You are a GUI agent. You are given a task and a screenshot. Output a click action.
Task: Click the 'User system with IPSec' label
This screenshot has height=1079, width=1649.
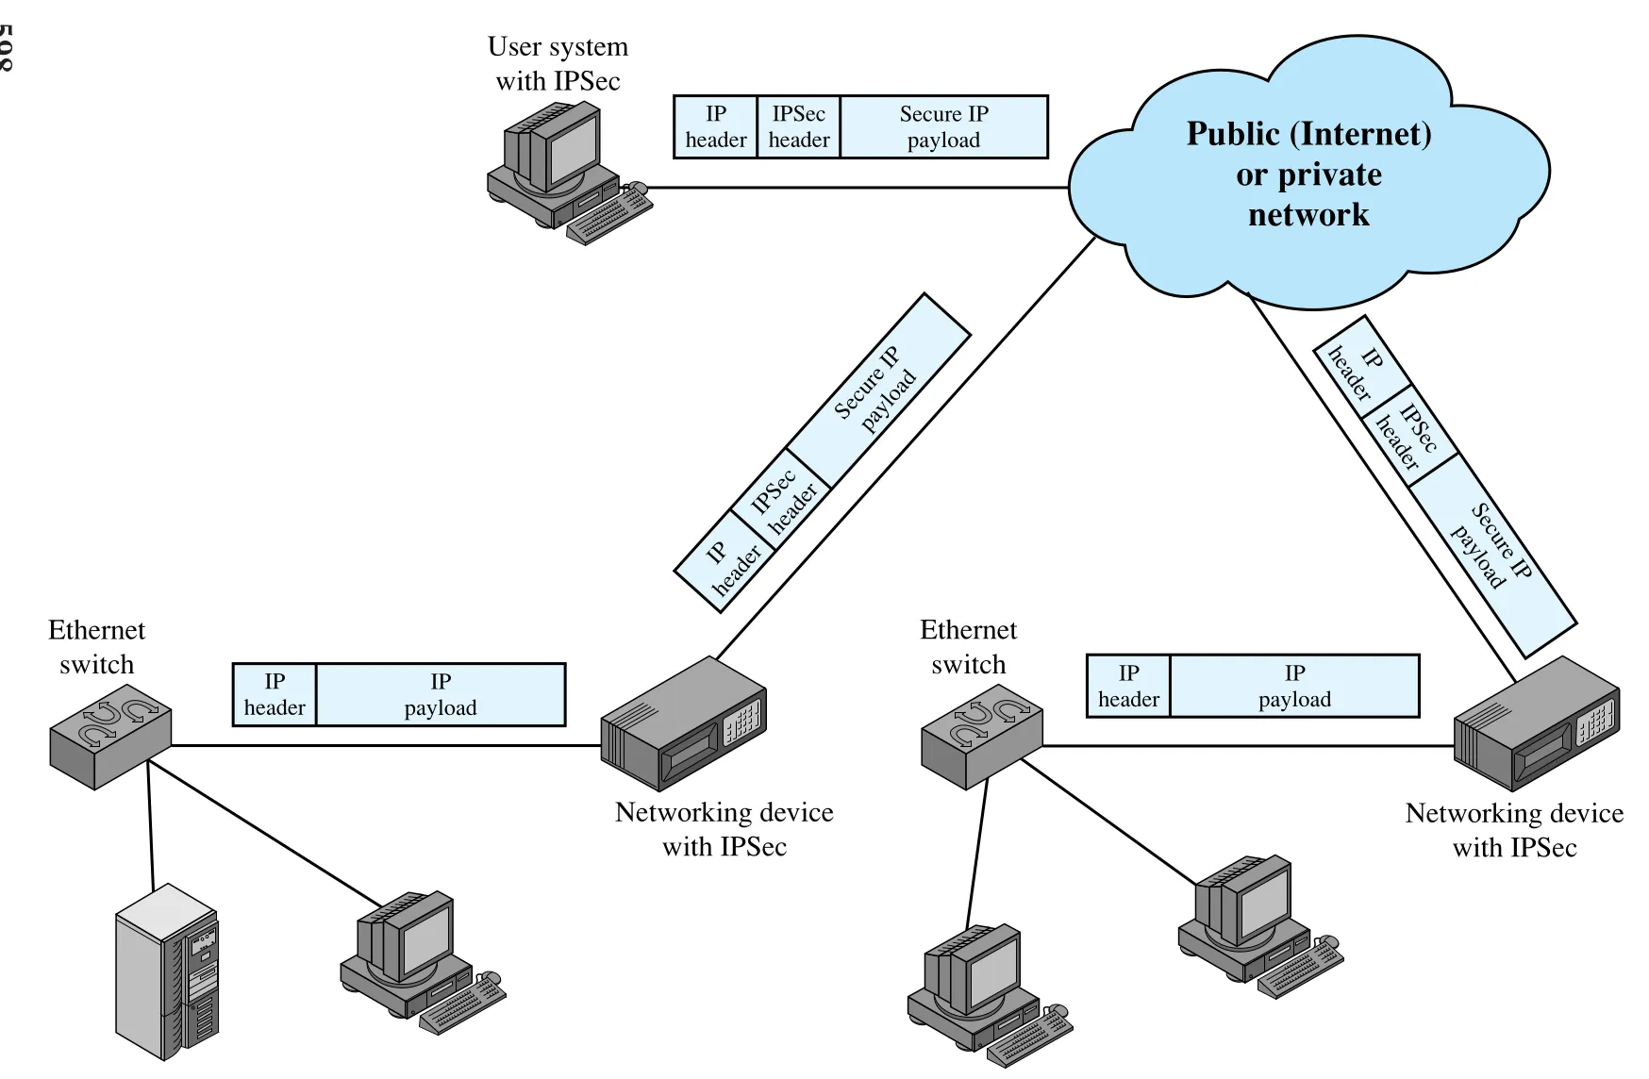[558, 63]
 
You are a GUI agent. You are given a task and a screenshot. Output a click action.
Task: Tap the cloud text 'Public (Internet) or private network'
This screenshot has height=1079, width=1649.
[1308, 174]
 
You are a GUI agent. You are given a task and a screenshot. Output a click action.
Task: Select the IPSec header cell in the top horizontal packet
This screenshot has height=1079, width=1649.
[798, 126]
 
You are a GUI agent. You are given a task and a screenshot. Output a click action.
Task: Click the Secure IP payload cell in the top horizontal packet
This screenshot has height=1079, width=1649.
[943, 126]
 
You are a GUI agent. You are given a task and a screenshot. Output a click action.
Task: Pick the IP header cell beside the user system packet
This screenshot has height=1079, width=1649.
[716, 126]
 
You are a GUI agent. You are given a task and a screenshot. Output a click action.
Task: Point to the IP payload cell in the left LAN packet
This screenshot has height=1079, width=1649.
[441, 694]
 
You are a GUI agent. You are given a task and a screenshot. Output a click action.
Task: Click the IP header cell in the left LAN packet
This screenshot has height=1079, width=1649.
[275, 694]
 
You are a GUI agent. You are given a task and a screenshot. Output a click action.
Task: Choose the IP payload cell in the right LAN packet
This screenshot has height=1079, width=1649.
[1294, 686]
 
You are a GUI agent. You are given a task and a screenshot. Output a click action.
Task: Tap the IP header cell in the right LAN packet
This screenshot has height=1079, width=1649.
[1128, 686]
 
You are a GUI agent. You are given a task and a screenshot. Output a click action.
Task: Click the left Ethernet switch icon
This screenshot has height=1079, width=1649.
[110, 742]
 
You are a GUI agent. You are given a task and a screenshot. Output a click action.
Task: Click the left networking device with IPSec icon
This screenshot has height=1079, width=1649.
[684, 723]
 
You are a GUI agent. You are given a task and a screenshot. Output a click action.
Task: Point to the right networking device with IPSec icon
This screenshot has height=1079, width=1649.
[1537, 723]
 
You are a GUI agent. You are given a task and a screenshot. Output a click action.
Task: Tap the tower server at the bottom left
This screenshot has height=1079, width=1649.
[167, 972]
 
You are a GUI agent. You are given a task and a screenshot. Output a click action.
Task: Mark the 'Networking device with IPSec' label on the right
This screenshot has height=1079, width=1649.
[1514, 830]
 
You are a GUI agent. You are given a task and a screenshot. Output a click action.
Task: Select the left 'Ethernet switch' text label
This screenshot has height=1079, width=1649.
[96, 647]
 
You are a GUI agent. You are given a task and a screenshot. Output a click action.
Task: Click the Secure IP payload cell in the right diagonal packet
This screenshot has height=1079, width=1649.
[1492, 555]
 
